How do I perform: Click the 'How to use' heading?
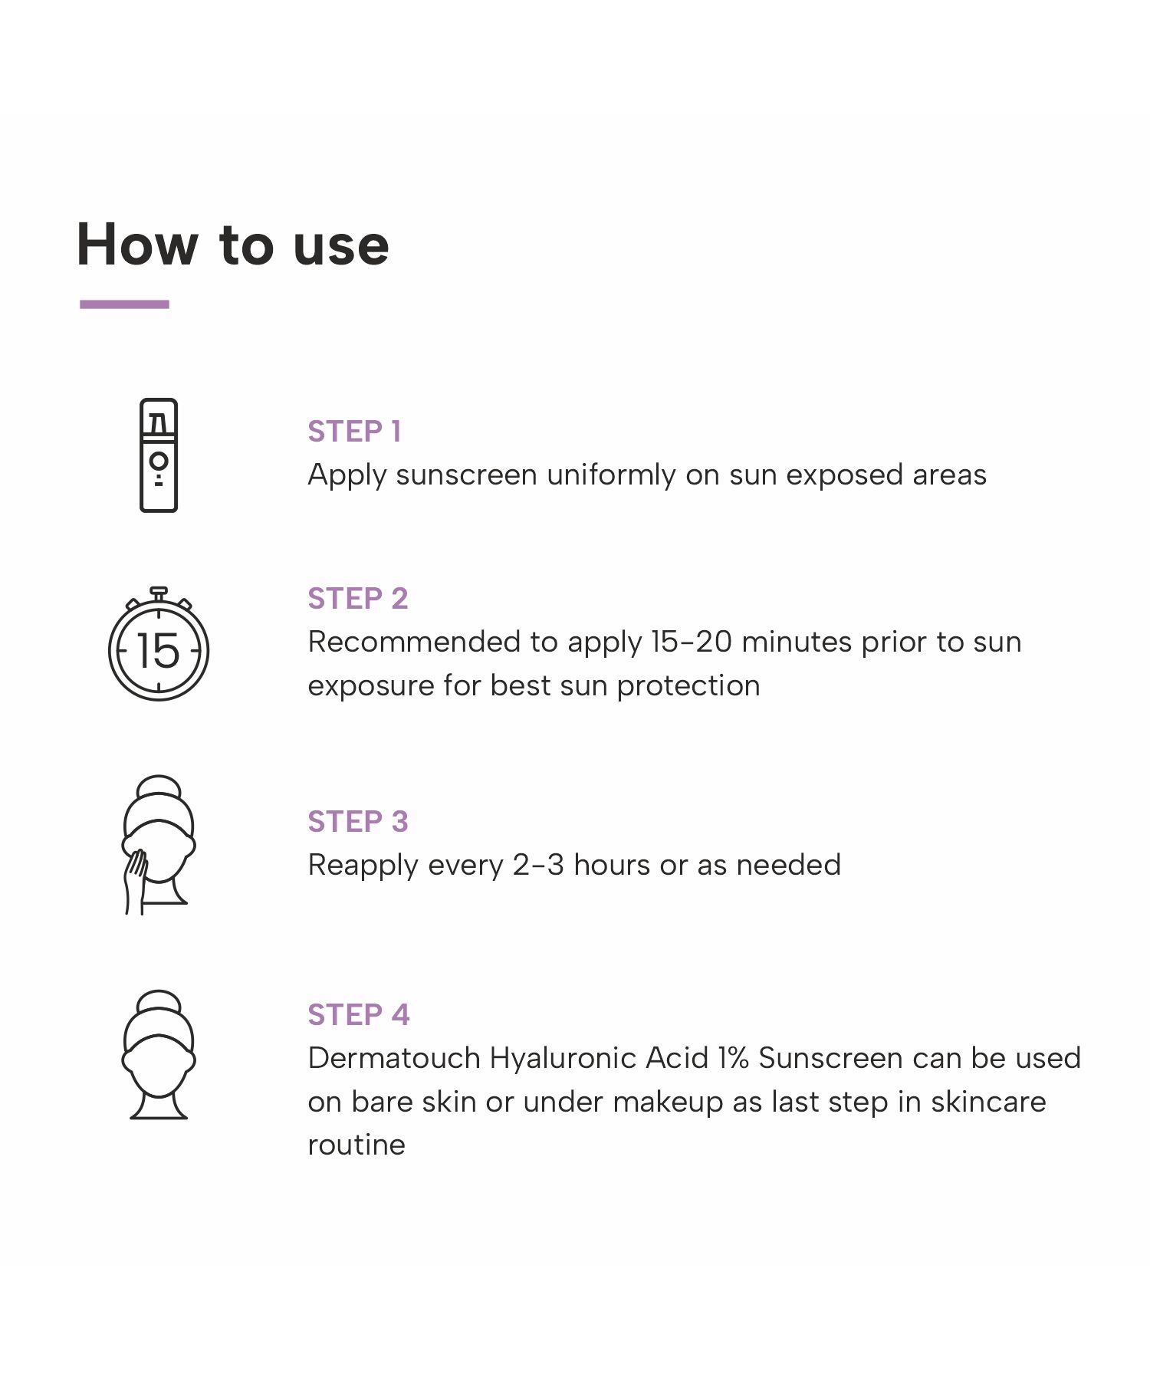pos(233,245)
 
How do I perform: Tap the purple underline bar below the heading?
pos(124,304)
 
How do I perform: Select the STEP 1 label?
pos(354,432)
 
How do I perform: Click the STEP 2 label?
pos(358,599)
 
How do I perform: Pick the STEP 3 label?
pos(358,822)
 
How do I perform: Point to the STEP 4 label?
pos(359,1015)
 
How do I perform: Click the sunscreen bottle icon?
pos(159,455)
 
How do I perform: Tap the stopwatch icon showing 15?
pos(159,644)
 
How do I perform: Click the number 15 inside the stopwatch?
pos(158,651)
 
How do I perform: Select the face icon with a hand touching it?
pos(159,845)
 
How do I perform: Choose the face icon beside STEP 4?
pos(159,1055)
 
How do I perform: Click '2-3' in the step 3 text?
pos(538,865)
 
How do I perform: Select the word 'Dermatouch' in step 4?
pos(394,1058)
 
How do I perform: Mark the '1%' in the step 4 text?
pos(734,1058)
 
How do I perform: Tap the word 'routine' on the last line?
pos(356,1145)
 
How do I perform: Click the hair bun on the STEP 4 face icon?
pos(159,1001)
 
